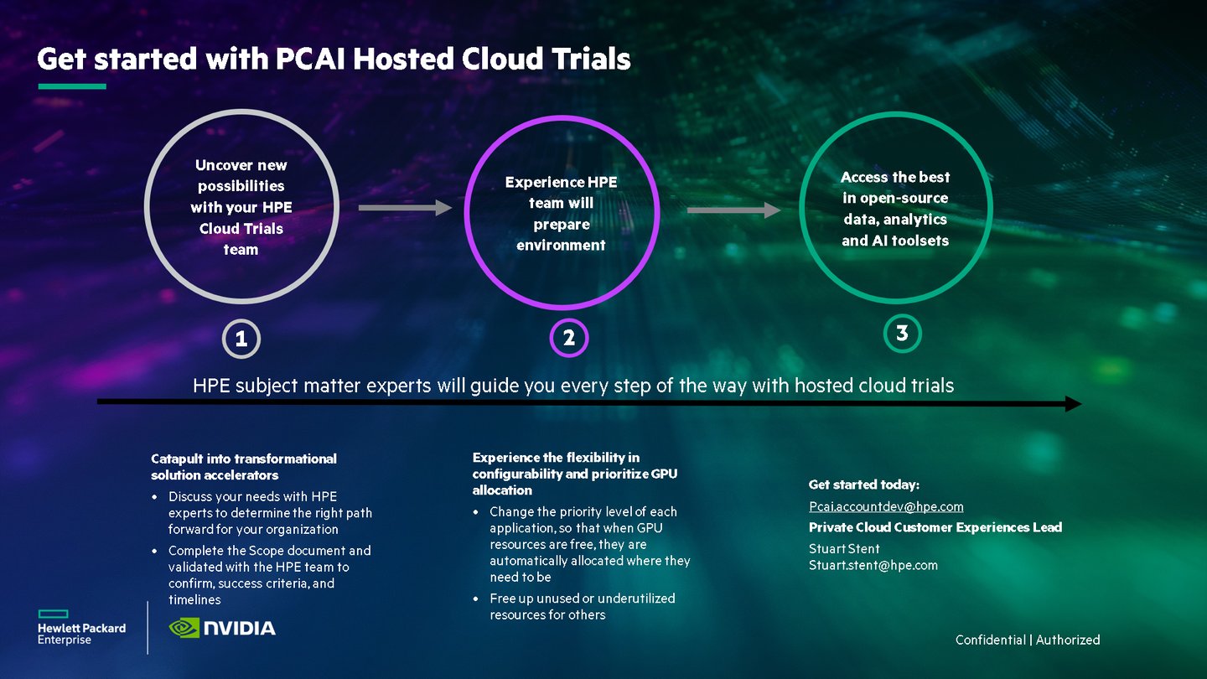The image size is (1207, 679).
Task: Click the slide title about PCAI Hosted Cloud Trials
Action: (x=334, y=60)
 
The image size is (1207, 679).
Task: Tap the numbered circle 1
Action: (x=241, y=339)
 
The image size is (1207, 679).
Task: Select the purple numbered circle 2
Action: (x=569, y=339)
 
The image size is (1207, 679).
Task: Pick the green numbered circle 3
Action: (x=903, y=334)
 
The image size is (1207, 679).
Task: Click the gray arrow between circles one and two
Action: (x=405, y=208)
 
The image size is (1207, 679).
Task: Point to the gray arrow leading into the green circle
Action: (x=733, y=210)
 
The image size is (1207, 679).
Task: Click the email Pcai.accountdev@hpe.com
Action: (x=886, y=506)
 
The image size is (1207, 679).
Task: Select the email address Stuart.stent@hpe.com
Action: (x=873, y=565)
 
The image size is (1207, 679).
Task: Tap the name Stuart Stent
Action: (x=843, y=548)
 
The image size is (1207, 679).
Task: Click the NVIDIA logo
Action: (x=222, y=628)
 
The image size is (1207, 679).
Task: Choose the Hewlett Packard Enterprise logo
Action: (x=81, y=628)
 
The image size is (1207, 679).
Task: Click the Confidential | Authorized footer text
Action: (x=1028, y=640)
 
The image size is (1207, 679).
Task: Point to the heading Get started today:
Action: (x=863, y=485)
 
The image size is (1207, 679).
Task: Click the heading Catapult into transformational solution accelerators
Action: (x=244, y=467)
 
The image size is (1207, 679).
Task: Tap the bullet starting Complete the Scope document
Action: (x=268, y=575)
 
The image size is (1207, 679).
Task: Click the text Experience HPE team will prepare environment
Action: (x=561, y=214)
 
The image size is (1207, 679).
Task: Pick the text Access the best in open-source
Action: (x=895, y=209)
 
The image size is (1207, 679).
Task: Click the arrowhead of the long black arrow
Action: (x=1073, y=404)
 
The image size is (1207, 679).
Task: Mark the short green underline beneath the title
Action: (x=72, y=86)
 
